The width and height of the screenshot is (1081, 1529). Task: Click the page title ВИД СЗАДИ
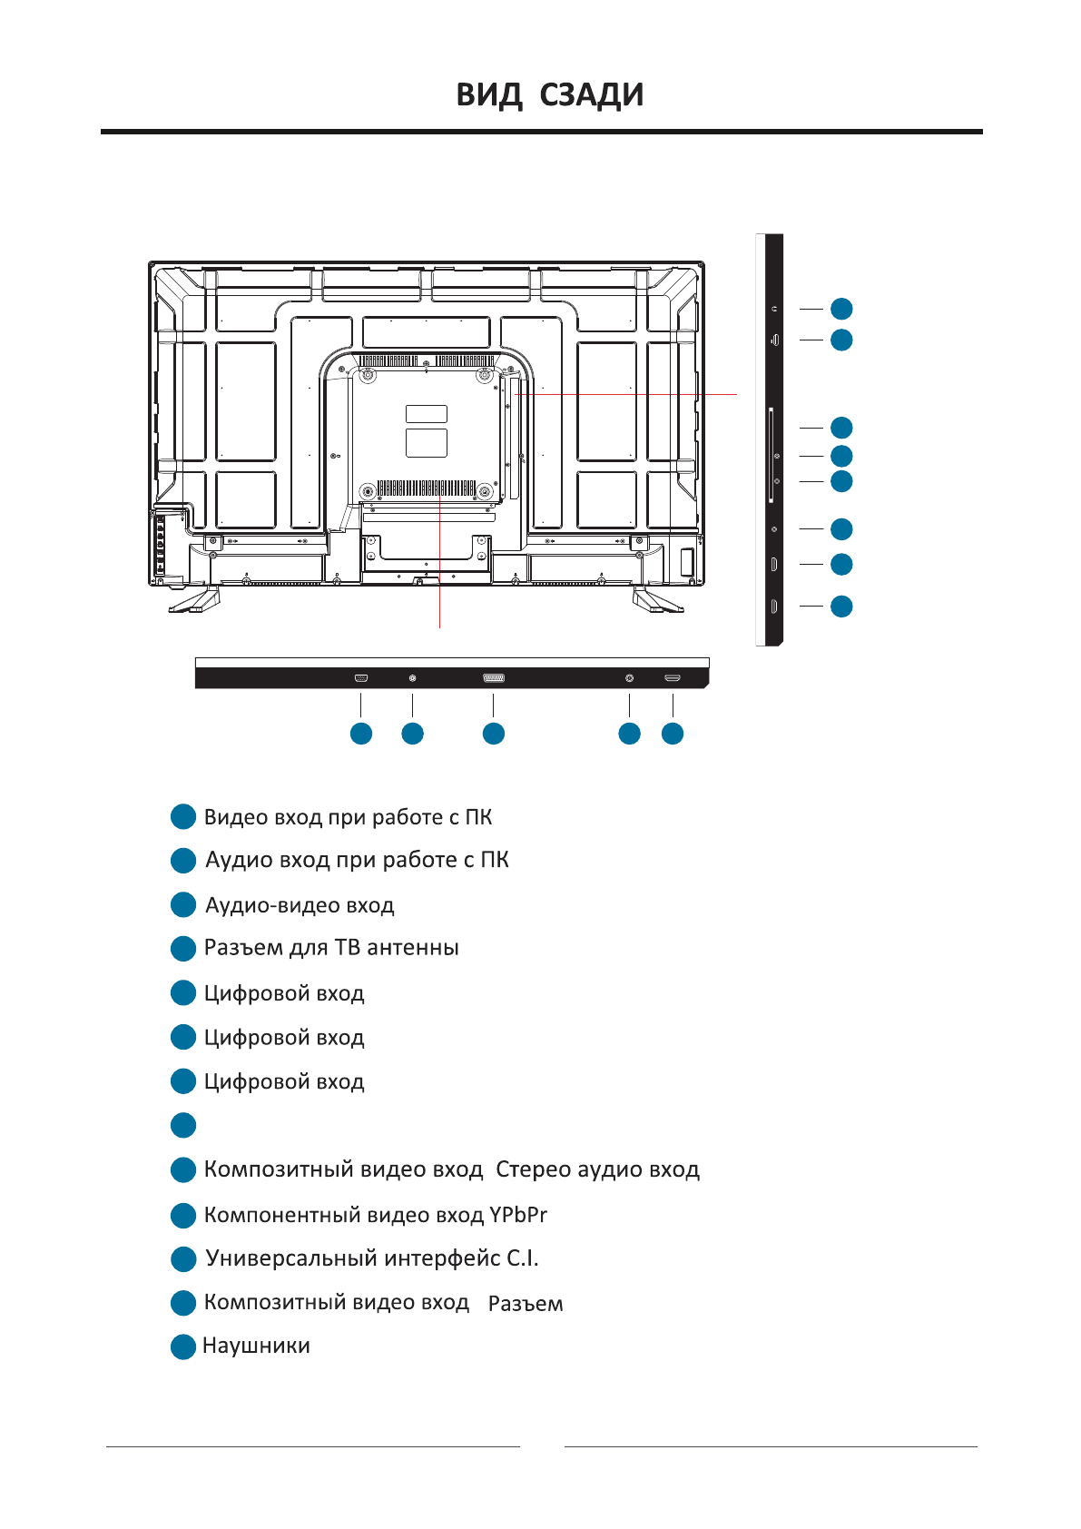pyautogui.click(x=549, y=95)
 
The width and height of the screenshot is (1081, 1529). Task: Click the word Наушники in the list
pyautogui.click(x=256, y=1346)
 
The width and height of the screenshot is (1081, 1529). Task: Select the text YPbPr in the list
pyautogui.click(x=518, y=1215)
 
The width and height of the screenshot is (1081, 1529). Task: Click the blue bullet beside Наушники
pyautogui.click(x=183, y=1347)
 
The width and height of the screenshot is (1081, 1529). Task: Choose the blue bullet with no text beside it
pyautogui.click(x=183, y=1126)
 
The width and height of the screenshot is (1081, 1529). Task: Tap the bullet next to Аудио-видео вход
pyautogui.click(x=183, y=905)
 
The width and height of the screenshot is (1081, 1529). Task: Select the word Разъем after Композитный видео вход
pyautogui.click(x=526, y=1304)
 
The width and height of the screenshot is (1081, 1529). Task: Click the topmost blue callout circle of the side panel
pyautogui.click(x=841, y=309)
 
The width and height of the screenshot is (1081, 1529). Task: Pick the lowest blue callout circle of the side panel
pyautogui.click(x=841, y=606)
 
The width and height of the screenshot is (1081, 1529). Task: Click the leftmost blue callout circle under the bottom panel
pyautogui.click(x=361, y=734)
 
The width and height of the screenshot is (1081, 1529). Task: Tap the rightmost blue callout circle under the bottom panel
pyautogui.click(x=673, y=734)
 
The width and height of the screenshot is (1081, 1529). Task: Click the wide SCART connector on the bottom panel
pyautogui.click(x=494, y=678)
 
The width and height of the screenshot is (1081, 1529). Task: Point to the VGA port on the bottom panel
pyautogui.click(x=361, y=678)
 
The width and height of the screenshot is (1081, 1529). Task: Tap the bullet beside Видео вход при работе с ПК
pyautogui.click(x=183, y=817)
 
